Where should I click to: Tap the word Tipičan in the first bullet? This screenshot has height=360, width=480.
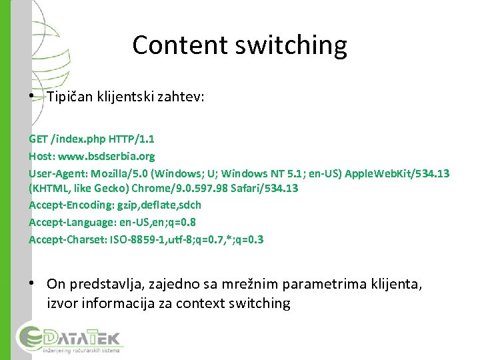coord(71,97)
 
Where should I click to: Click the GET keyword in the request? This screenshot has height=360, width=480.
coord(39,139)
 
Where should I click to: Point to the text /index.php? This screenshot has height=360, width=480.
coord(75,139)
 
